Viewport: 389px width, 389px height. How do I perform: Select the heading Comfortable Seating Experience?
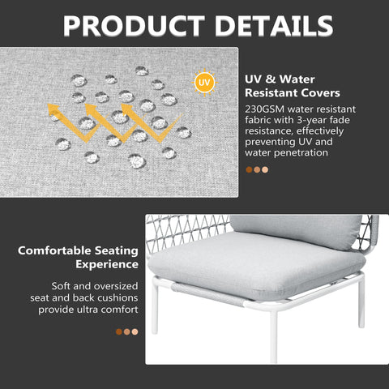click(79, 257)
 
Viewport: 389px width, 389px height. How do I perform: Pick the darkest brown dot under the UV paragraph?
click(249, 170)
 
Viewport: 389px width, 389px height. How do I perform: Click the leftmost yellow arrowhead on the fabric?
click(54, 112)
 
